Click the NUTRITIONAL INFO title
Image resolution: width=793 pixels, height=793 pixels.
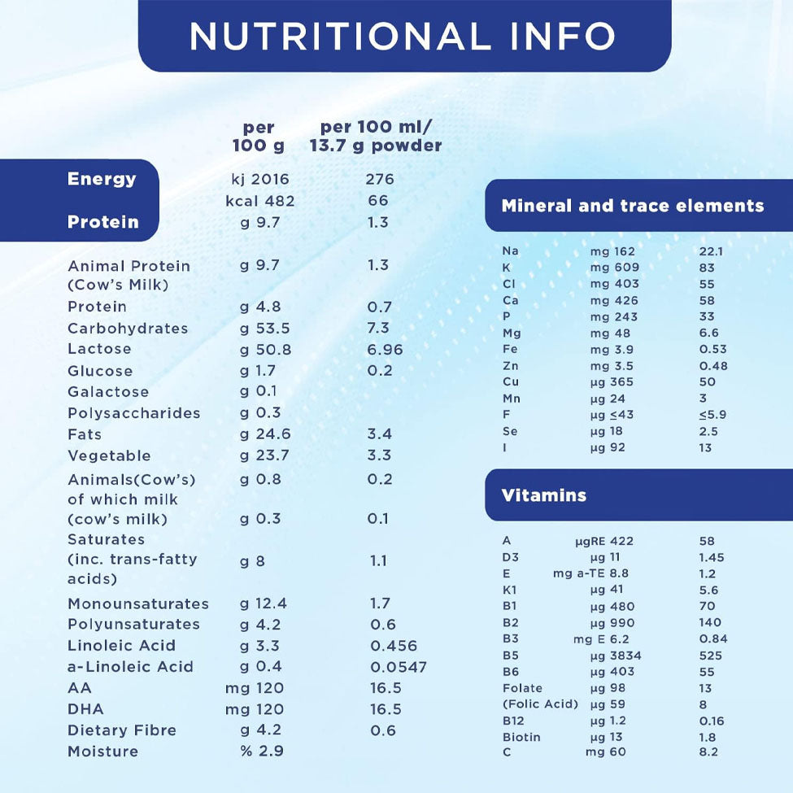coord(403,35)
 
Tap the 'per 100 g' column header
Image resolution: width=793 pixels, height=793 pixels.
coord(259,137)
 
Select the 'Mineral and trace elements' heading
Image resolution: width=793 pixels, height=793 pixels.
coord(632,206)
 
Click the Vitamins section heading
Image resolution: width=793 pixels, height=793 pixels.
coord(543,495)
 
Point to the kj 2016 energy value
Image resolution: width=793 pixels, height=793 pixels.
coord(260,179)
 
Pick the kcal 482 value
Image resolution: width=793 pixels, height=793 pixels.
coord(260,201)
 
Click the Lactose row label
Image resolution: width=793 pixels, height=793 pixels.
coord(99,349)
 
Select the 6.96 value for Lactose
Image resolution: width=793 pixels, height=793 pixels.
coord(385,350)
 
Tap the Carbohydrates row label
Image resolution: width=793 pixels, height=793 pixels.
coord(128,329)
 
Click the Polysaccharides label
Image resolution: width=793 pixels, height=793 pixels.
coord(133,413)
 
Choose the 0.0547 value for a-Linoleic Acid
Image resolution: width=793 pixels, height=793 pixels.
coord(399,667)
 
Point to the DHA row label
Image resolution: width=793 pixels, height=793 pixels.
coord(85,709)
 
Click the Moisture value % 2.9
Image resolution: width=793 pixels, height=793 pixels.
coord(262,752)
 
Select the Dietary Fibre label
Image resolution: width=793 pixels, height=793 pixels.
coord(122,730)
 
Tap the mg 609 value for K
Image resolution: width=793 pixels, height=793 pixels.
coord(615,268)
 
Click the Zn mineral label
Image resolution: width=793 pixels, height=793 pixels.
coord(510,366)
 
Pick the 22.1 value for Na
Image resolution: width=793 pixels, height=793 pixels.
coord(711,251)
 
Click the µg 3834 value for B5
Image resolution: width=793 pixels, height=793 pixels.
coord(616,656)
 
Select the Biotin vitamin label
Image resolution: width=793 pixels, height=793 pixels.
coord(521,737)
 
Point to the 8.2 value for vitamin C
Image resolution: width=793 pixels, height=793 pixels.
coord(708,752)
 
